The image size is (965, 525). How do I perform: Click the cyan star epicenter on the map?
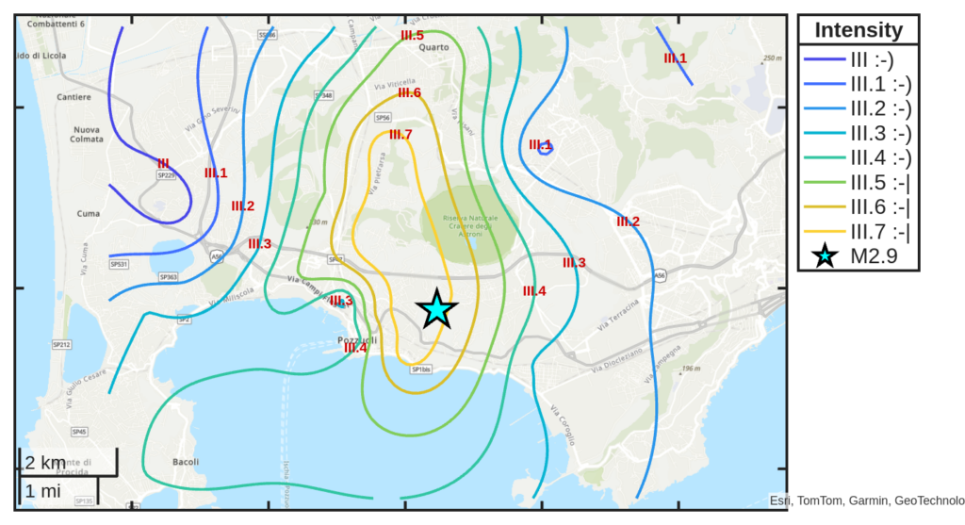(436, 309)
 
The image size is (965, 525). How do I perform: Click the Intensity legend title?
(858, 30)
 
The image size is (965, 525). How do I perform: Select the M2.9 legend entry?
(872, 255)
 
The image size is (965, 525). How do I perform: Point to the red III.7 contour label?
(401, 135)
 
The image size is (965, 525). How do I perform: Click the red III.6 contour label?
(409, 92)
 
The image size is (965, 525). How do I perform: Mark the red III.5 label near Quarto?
(412, 36)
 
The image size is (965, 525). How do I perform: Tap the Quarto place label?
(434, 47)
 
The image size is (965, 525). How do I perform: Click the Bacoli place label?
(186, 462)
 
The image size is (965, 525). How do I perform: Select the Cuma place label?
(89, 214)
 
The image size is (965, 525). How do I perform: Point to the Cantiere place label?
(74, 97)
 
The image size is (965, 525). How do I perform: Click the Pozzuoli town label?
(357, 339)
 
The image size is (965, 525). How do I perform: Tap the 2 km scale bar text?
(45, 463)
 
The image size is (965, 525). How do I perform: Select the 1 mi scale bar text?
(43, 490)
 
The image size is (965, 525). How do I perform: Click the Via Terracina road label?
(617, 315)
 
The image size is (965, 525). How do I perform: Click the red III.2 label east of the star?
(628, 222)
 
